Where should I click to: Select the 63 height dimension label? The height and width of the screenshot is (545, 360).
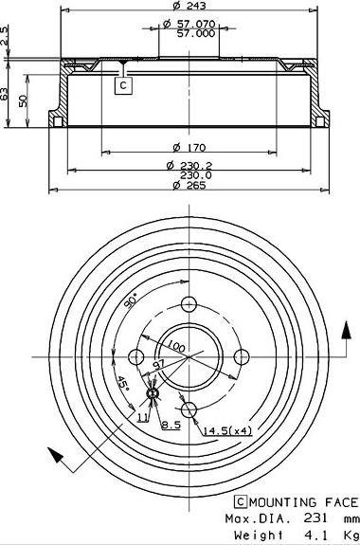pyautogui.click(x=6, y=94)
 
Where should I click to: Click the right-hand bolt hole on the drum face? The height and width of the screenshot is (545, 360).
pyautogui.click(x=241, y=355)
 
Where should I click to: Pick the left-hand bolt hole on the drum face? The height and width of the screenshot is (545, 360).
pyautogui.click(x=135, y=356)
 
